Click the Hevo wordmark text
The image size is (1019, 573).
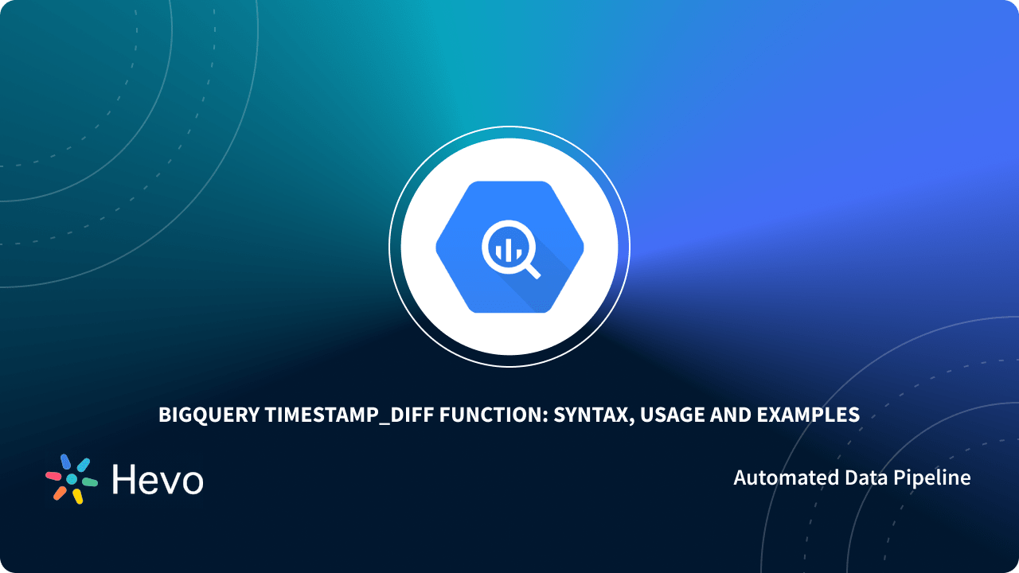coord(158,479)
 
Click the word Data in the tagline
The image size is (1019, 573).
coord(863,477)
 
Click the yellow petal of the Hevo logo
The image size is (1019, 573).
coord(78,497)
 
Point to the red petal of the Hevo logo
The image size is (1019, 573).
coord(53,475)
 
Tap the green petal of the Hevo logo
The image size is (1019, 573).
coord(89,482)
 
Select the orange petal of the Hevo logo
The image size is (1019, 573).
coord(60,493)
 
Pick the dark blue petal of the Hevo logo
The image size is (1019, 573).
coord(65,462)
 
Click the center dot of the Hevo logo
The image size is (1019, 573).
coord(72,479)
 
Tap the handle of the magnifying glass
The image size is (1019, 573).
coord(532,270)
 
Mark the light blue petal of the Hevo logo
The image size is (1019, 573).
coord(83,465)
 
